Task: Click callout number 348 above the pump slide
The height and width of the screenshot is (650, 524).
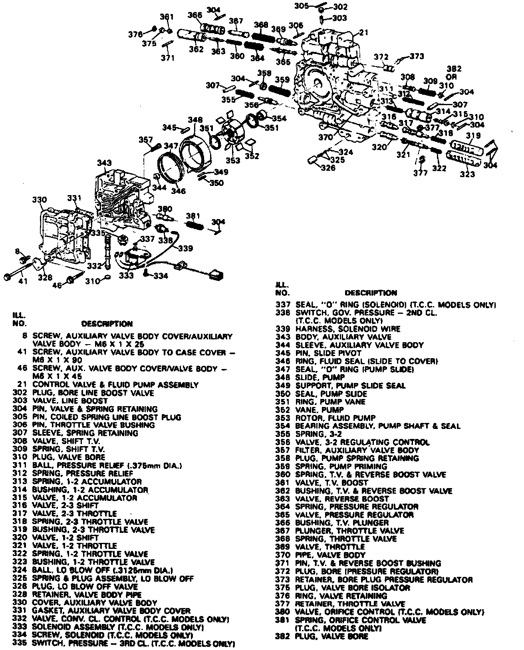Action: (x=195, y=120)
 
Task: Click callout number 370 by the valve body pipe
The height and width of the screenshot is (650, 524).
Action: (x=326, y=137)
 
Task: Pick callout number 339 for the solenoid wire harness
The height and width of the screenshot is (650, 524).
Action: (x=185, y=248)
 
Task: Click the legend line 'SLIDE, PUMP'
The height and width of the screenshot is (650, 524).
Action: (x=320, y=377)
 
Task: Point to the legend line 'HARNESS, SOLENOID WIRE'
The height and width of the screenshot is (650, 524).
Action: (x=347, y=329)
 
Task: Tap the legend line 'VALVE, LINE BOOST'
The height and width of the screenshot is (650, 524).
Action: (x=70, y=401)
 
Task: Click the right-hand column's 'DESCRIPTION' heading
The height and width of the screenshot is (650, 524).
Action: (x=371, y=293)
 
